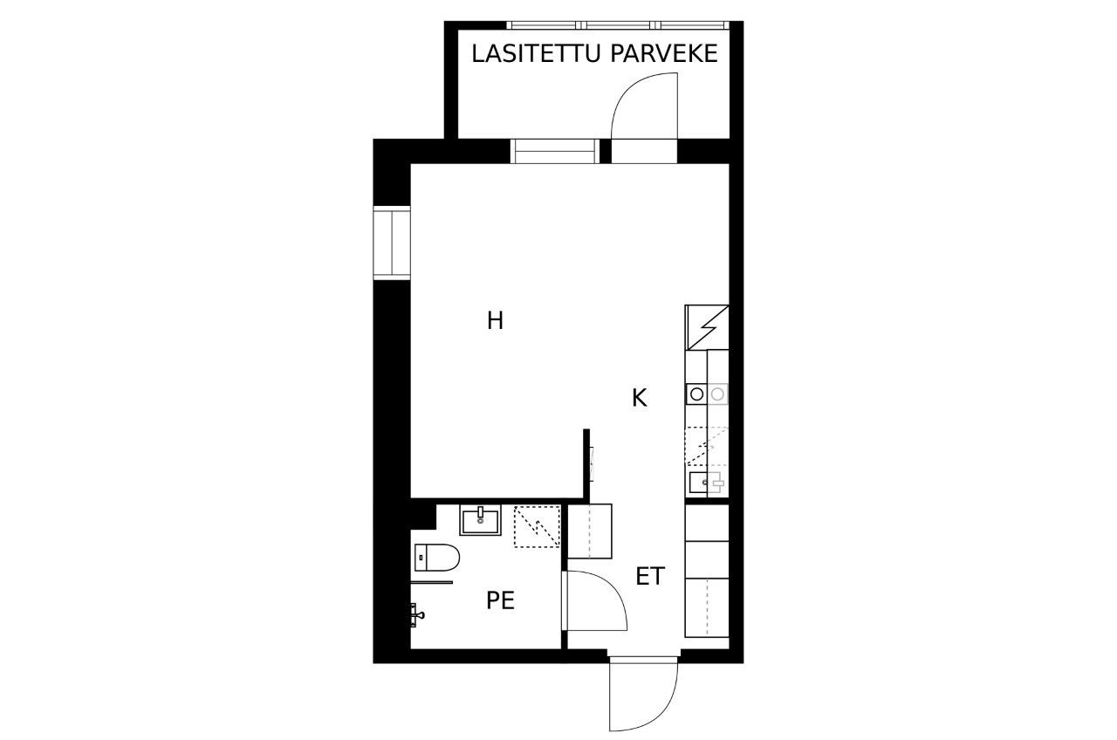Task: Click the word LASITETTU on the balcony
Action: click(x=536, y=54)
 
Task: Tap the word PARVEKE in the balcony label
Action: click(x=664, y=54)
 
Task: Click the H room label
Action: click(x=495, y=320)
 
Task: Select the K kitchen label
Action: click(x=640, y=399)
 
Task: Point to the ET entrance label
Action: click(x=650, y=577)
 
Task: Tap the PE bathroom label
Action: click(x=500, y=600)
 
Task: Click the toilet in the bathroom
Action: click(x=437, y=557)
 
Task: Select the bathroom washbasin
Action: click(x=480, y=520)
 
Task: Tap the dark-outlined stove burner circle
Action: click(x=696, y=394)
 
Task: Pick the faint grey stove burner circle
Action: click(x=717, y=394)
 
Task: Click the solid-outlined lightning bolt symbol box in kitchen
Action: click(x=707, y=327)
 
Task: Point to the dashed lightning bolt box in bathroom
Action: click(x=537, y=526)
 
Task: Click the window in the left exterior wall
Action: click(x=392, y=243)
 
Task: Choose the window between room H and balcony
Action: click(x=554, y=151)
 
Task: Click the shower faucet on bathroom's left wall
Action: click(x=417, y=615)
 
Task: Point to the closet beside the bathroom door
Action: click(x=590, y=531)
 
